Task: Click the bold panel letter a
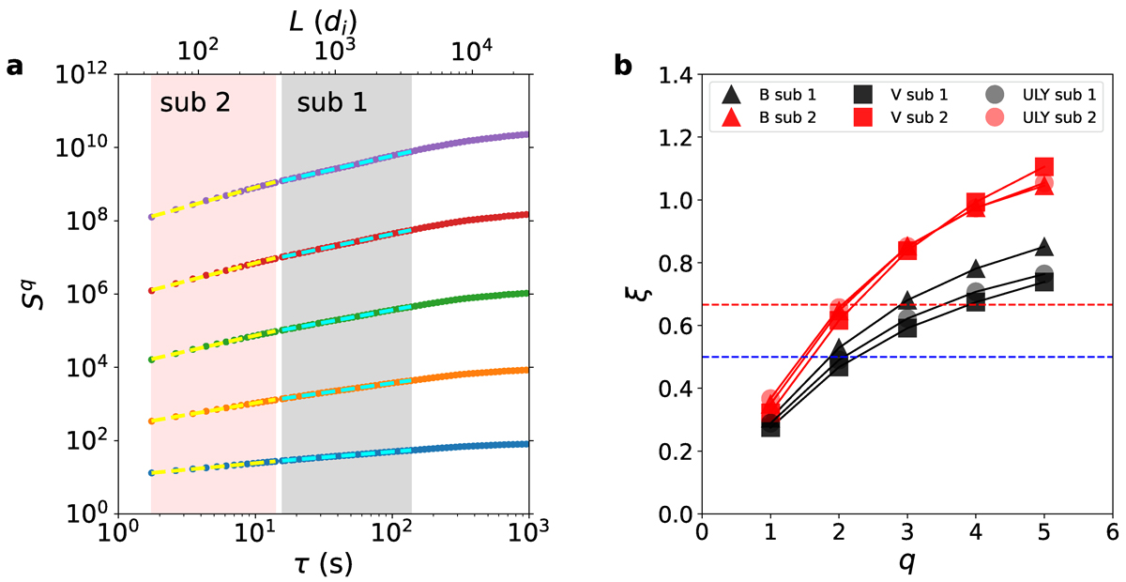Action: (x=14, y=67)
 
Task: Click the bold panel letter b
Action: (x=621, y=67)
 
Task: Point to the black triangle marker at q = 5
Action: (x=1043, y=248)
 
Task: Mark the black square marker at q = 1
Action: (x=770, y=425)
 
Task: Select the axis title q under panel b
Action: (x=906, y=565)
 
